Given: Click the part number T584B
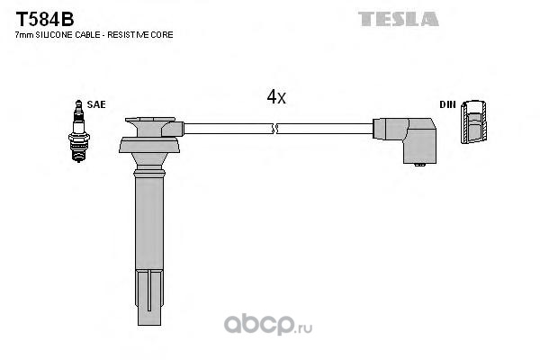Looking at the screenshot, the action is [x=45, y=19].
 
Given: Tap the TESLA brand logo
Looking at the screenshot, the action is [x=399, y=19].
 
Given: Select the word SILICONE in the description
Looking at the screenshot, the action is [x=54, y=35].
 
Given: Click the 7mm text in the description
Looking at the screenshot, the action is [x=24, y=35].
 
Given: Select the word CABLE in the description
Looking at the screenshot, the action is [x=87, y=35].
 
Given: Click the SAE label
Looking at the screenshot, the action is [x=96, y=104].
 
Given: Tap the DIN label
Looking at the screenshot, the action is [x=447, y=104].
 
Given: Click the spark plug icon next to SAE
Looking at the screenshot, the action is [x=79, y=131].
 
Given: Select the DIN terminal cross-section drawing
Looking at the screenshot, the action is [x=474, y=122].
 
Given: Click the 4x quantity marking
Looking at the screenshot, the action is [x=276, y=97].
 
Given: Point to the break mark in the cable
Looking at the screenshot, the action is [x=275, y=129].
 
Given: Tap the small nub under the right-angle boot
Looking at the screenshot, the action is [x=419, y=165].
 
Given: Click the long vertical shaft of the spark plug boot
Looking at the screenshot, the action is [x=148, y=223].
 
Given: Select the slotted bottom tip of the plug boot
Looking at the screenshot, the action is [x=149, y=297].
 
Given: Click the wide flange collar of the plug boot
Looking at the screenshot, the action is [x=149, y=145].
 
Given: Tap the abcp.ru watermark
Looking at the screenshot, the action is [x=268, y=325].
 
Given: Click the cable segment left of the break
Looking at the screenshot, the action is [x=229, y=129].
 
